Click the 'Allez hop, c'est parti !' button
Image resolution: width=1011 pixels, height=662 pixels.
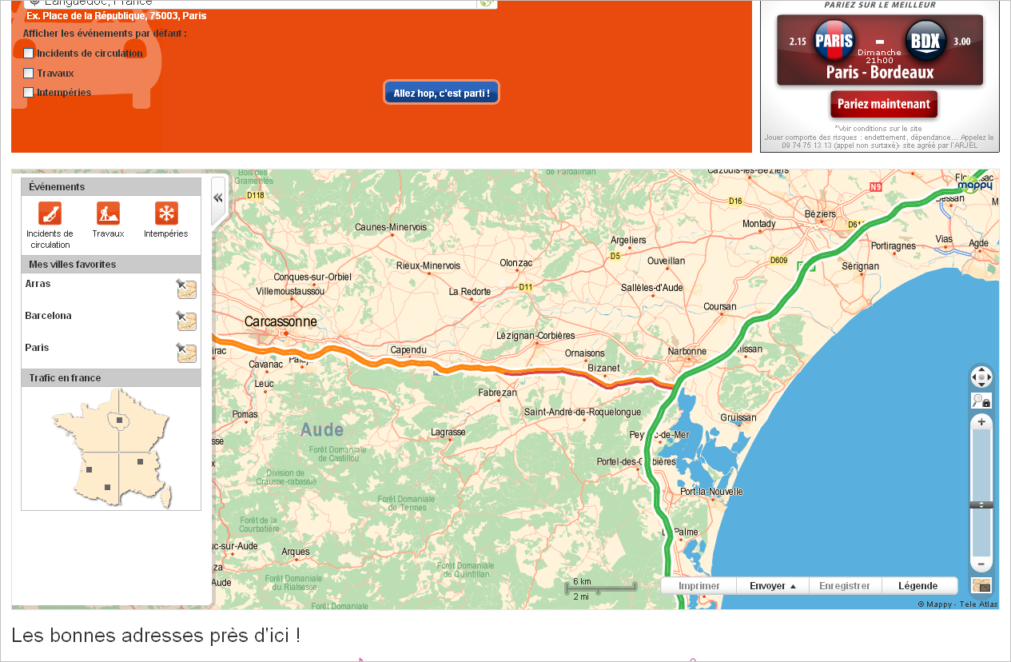(441, 93)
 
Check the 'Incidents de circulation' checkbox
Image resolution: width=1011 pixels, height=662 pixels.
(29, 54)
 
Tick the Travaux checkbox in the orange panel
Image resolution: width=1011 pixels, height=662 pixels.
(29, 74)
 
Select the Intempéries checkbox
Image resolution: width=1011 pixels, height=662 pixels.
(29, 93)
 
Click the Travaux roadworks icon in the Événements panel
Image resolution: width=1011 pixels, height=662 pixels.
(108, 213)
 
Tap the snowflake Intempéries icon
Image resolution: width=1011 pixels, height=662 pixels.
(166, 213)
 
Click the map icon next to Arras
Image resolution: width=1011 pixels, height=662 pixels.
(186, 289)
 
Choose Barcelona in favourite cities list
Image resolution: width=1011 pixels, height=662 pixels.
(48, 316)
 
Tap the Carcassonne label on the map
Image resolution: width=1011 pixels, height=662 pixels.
(281, 321)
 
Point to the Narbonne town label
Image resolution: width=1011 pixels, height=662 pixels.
(687, 351)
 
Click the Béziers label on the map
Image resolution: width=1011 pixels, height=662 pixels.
(820, 214)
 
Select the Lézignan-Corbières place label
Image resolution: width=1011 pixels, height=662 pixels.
(535, 336)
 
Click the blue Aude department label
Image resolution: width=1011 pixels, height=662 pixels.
(322, 430)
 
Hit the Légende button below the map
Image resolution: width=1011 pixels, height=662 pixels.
(918, 586)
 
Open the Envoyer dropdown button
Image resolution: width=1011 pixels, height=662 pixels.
(772, 586)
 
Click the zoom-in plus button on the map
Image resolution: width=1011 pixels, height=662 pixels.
(981, 422)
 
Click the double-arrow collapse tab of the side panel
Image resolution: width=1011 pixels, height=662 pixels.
(217, 198)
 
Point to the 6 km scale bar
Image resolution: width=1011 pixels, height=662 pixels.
(600, 587)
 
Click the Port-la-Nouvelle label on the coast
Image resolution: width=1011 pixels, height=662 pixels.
(711, 492)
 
